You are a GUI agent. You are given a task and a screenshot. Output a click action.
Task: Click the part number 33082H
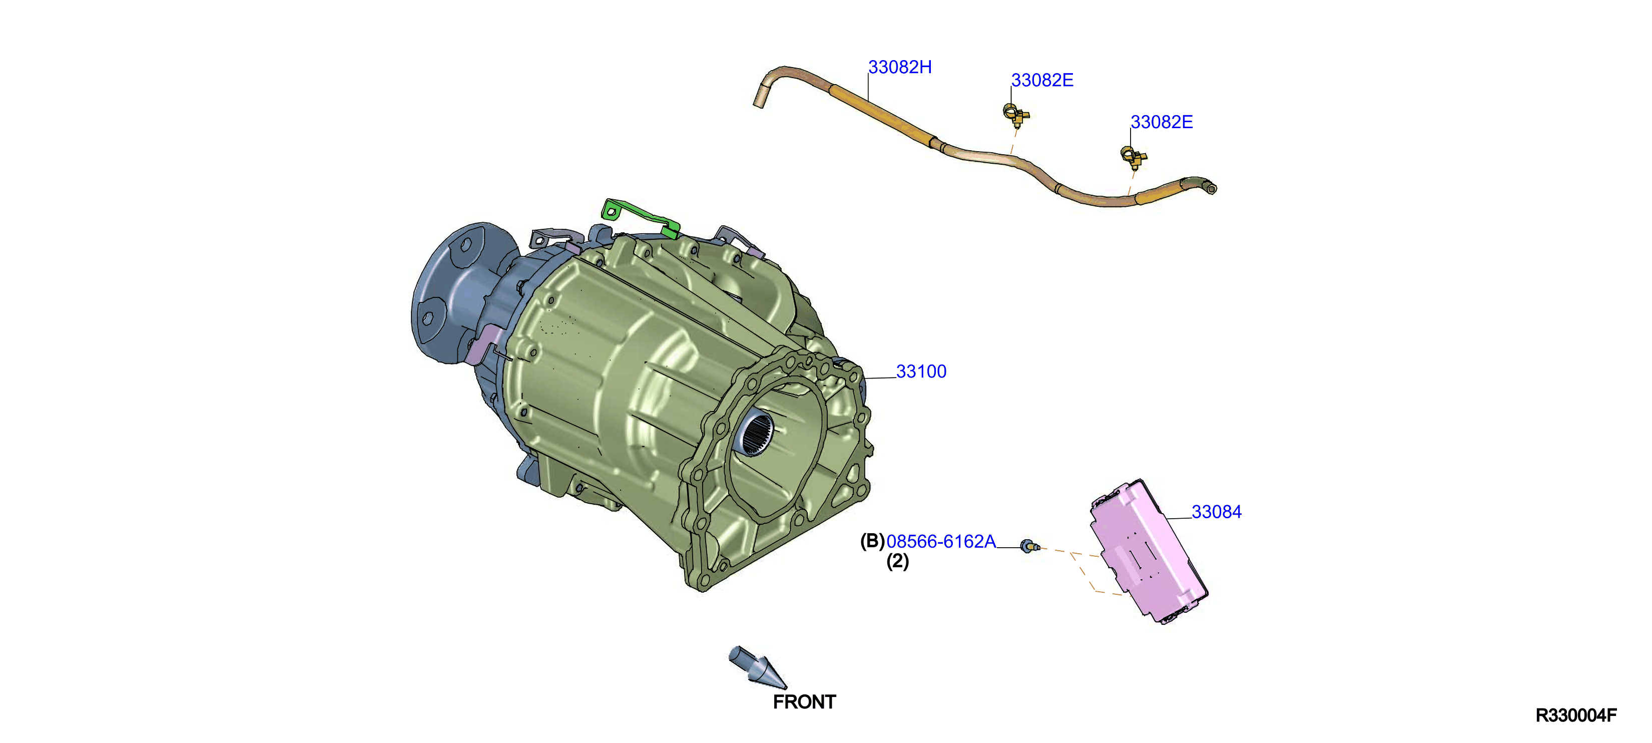click(900, 68)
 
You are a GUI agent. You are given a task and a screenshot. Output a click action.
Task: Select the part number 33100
click(921, 372)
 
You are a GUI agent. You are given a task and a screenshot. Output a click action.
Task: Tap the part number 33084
click(1217, 512)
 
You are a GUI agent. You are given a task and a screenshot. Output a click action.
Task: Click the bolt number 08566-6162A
click(941, 542)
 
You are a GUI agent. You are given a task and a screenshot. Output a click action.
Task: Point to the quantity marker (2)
click(897, 561)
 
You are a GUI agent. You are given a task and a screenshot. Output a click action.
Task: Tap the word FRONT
click(804, 702)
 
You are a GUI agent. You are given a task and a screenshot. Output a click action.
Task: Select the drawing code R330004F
click(1576, 715)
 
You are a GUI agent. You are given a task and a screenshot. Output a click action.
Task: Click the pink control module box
click(1149, 551)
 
